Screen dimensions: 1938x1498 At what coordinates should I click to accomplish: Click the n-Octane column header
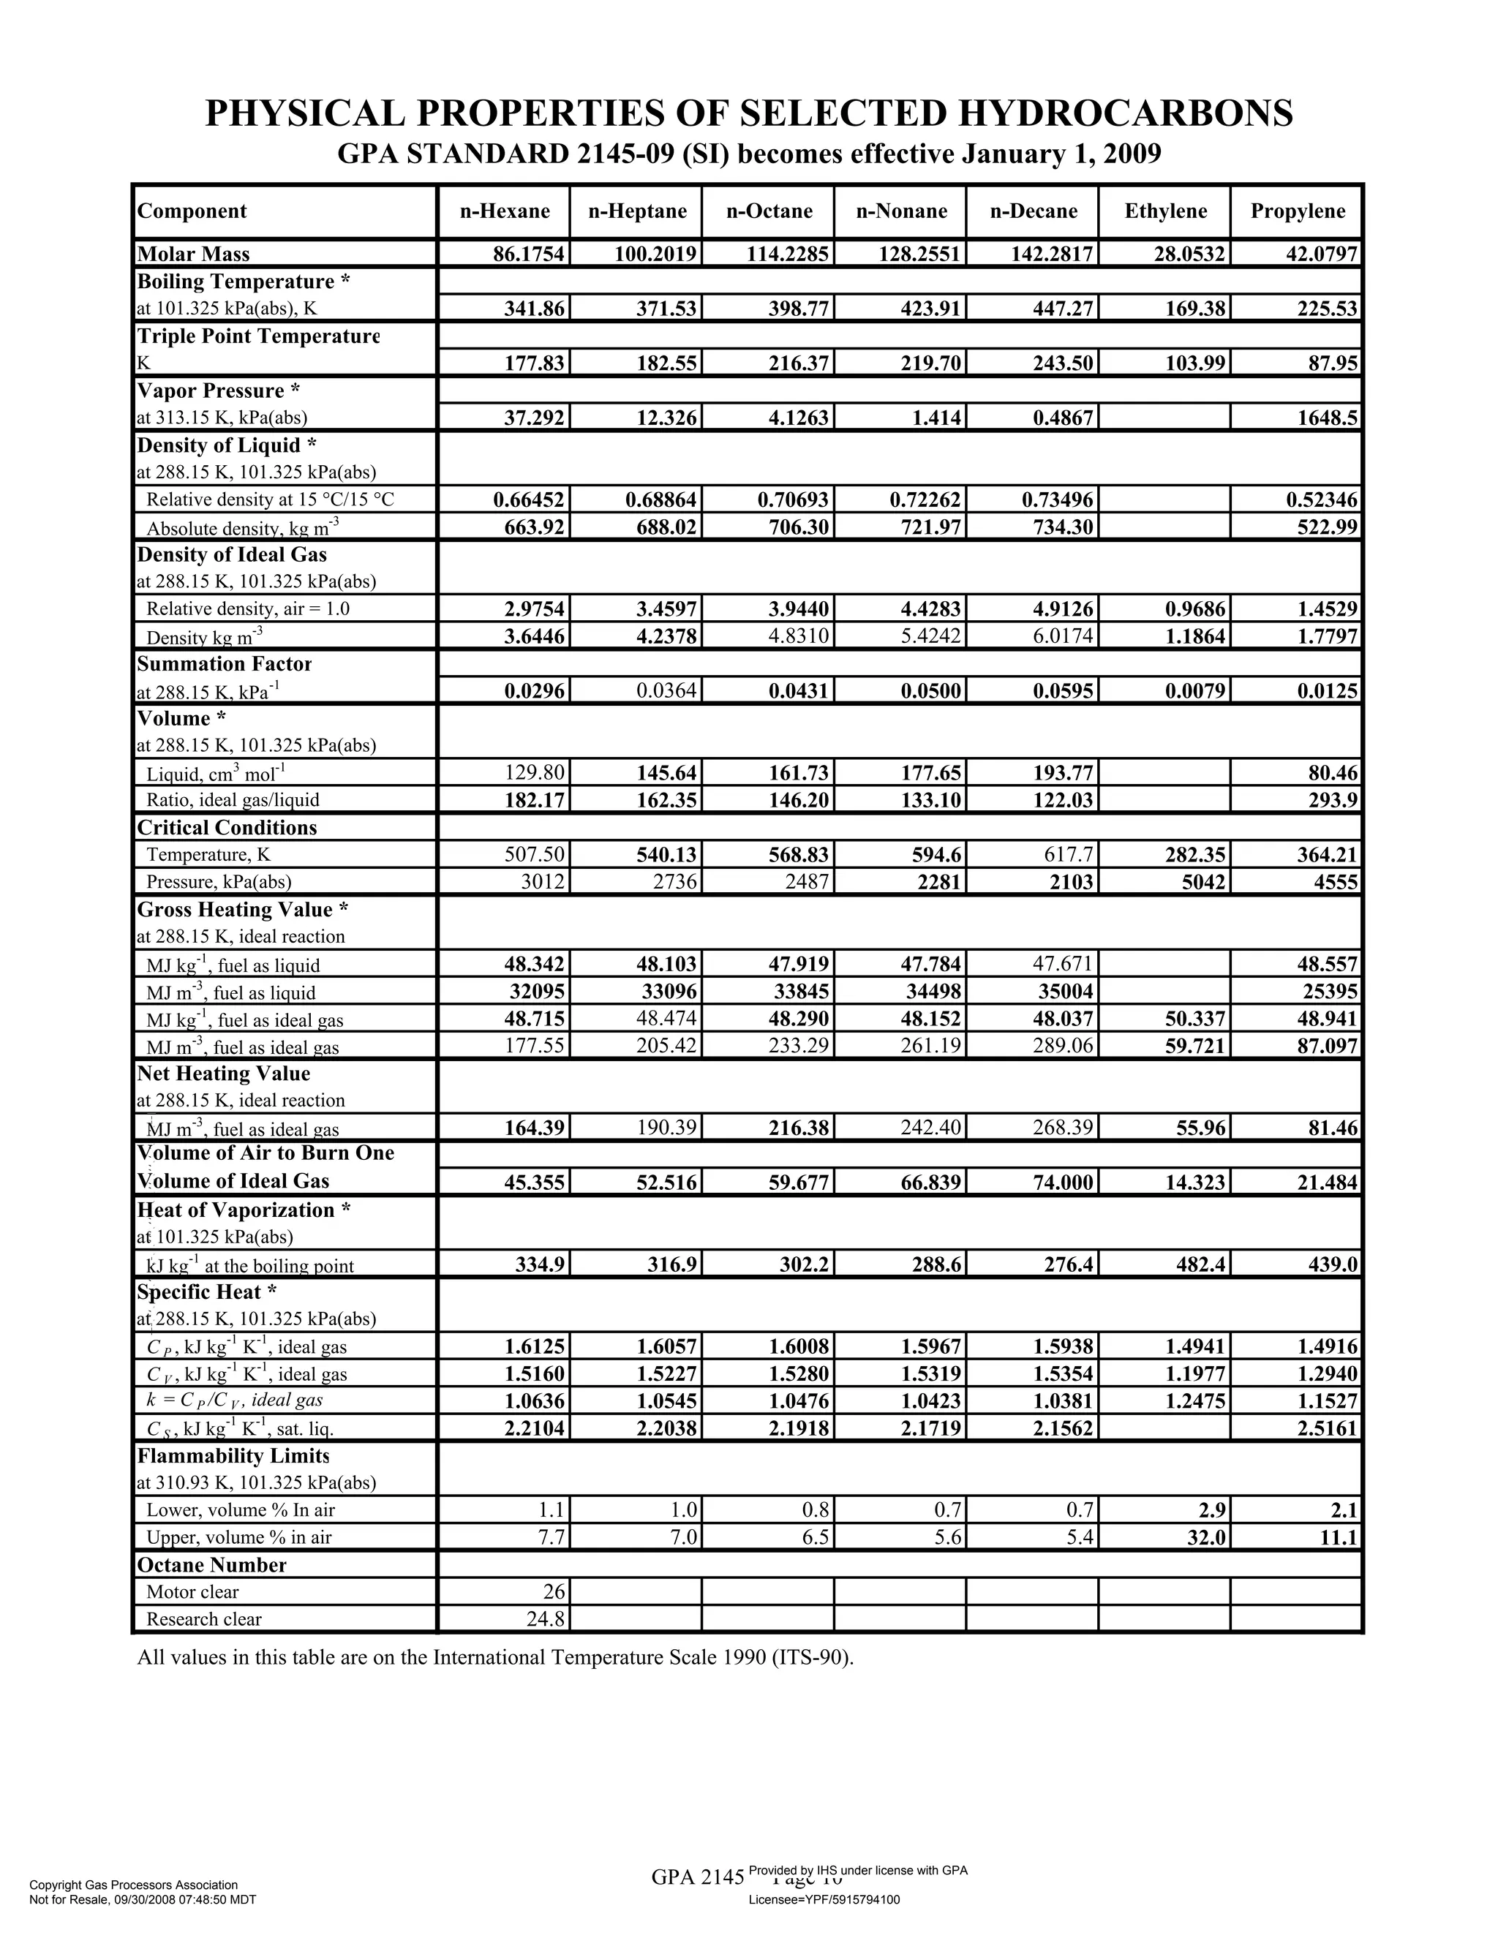tap(769, 211)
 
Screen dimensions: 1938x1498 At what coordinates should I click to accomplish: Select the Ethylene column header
tap(1165, 211)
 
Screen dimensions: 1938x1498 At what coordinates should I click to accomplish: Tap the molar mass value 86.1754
tap(529, 254)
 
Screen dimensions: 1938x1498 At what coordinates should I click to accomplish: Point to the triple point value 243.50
tap(1061, 363)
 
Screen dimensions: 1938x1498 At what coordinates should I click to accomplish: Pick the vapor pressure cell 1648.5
tap(1326, 418)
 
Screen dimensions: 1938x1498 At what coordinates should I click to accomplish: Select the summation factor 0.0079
tap(1195, 691)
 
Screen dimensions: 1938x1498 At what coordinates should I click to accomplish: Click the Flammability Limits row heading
tap(233, 1456)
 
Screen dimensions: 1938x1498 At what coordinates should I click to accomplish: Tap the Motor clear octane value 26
tap(554, 1592)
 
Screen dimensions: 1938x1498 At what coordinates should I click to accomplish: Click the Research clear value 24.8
tap(546, 1619)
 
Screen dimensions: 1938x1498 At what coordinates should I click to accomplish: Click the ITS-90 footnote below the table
tap(495, 1658)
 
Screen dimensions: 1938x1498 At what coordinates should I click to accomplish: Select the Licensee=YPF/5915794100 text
tap(824, 1900)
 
